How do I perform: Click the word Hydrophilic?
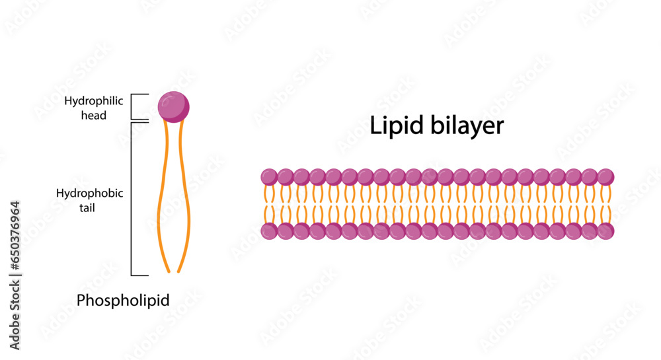point(85,101)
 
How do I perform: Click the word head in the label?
point(95,115)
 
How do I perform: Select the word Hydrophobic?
point(90,194)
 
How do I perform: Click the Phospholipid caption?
point(123,301)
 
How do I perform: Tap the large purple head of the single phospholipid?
point(173,106)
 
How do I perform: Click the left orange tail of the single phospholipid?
point(160,198)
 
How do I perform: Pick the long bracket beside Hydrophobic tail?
point(132,198)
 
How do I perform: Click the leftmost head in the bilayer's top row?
point(269,177)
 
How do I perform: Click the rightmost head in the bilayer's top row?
point(605,177)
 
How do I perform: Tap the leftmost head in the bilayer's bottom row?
point(269,231)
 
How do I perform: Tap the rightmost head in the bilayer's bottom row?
point(605,231)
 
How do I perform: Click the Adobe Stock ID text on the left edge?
point(15,275)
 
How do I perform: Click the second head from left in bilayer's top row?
point(285,177)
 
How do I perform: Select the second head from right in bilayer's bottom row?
point(590,231)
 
